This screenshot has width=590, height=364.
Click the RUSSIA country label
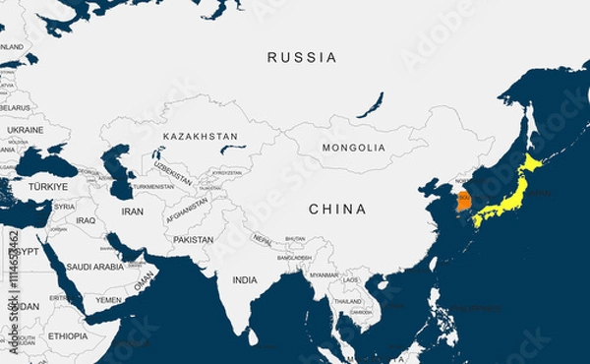(x=302, y=58)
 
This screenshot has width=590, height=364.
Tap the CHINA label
(x=337, y=210)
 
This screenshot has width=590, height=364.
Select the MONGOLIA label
(x=354, y=148)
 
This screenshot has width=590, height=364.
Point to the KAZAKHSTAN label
(x=201, y=136)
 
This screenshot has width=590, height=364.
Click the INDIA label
(x=245, y=280)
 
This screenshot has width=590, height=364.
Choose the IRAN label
(x=132, y=212)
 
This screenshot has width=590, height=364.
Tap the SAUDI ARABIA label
(x=95, y=267)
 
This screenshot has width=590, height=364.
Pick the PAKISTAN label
(x=193, y=240)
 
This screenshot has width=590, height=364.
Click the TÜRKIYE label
(x=48, y=186)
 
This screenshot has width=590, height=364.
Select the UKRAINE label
(x=26, y=130)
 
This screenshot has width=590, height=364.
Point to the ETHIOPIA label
(x=67, y=335)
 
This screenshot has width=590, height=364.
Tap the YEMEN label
(x=109, y=300)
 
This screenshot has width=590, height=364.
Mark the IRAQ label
(x=86, y=220)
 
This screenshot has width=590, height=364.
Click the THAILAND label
(x=346, y=302)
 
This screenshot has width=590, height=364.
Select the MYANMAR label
(x=324, y=275)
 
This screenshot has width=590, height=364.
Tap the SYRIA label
(x=64, y=207)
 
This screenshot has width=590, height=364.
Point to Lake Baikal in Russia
(x=370, y=105)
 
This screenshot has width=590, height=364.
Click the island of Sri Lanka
(x=254, y=336)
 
